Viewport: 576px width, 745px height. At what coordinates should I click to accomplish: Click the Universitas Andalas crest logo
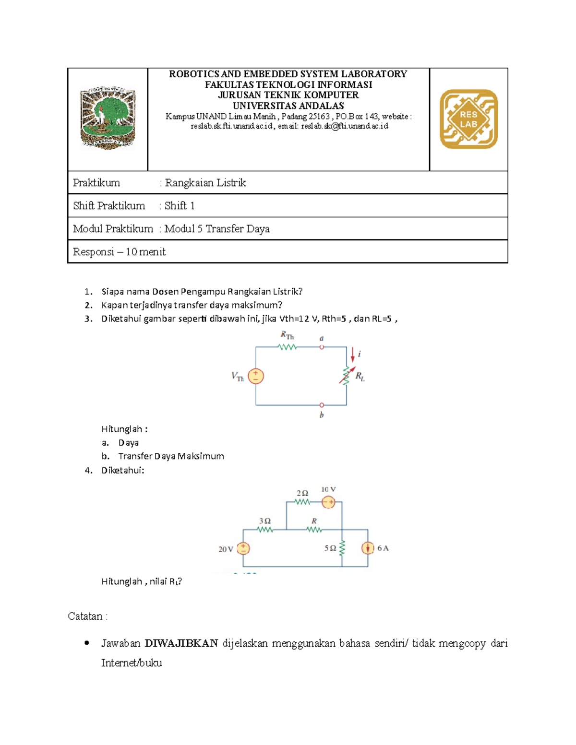click(108, 118)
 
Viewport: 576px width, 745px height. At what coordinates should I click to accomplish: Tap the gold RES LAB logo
click(468, 119)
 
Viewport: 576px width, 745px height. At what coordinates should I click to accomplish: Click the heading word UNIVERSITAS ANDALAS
click(288, 106)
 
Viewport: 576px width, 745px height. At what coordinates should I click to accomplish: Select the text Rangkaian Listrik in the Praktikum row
click(205, 183)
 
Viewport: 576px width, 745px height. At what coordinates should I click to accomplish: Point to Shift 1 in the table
click(180, 206)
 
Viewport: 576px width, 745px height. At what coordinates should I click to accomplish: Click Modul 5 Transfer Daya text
click(217, 229)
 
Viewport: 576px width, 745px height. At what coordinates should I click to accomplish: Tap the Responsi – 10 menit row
click(120, 252)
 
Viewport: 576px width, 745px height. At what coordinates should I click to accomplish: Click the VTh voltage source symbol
click(256, 376)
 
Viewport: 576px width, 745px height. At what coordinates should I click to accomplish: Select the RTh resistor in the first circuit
click(288, 347)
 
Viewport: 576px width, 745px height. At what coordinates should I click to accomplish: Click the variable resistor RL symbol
click(346, 376)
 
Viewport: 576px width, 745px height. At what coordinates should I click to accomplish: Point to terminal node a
click(322, 347)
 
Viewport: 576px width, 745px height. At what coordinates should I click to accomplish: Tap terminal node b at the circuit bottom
click(322, 405)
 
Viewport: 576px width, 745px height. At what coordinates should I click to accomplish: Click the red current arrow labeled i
click(353, 355)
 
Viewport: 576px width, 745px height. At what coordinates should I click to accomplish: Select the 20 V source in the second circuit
click(243, 548)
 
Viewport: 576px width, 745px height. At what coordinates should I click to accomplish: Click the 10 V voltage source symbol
click(328, 502)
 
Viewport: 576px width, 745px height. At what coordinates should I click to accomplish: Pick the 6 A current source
click(368, 548)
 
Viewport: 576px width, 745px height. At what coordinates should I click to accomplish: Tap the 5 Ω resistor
click(342, 548)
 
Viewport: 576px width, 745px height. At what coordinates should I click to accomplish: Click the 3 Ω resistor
click(265, 530)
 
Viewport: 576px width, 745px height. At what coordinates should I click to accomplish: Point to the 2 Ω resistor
click(302, 502)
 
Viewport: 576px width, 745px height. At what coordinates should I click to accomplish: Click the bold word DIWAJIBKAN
click(181, 643)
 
